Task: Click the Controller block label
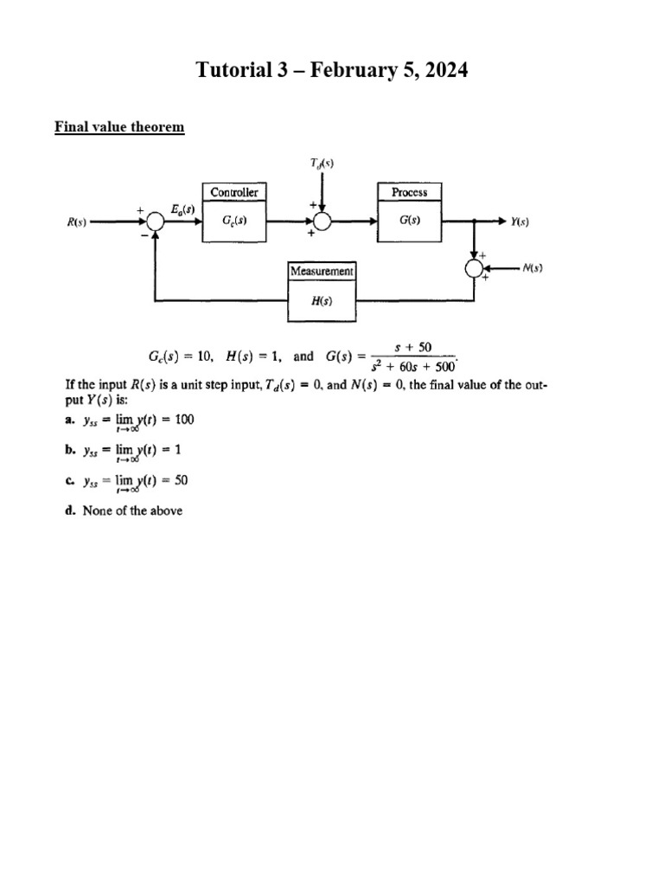(234, 192)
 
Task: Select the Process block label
(410, 192)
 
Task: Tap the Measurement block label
(322, 271)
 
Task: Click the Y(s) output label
(519, 221)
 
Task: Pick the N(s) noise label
(532, 269)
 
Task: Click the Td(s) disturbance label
(322, 162)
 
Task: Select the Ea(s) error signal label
(182, 208)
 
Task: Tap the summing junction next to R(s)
(155, 221)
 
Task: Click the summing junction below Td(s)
(322, 221)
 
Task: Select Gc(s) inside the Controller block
(234, 221)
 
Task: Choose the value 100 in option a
(184, 420)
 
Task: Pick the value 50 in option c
(182, 478)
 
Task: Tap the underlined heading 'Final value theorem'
(119, 127)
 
